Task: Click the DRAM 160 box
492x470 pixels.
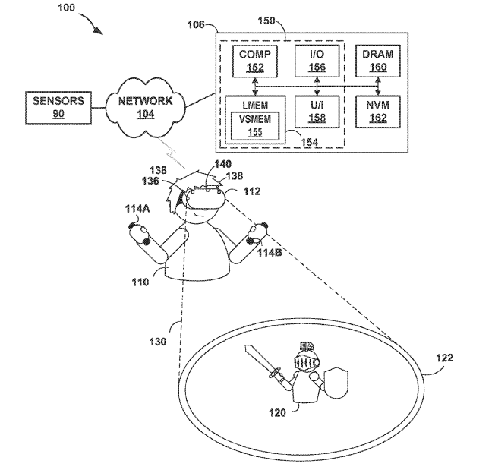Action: [x=377, y=60]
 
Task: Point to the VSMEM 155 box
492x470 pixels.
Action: [x=251, y=125]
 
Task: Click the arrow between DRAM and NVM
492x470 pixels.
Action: [x=377, y=87]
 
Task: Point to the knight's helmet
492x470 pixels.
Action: [x=307, y=356]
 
